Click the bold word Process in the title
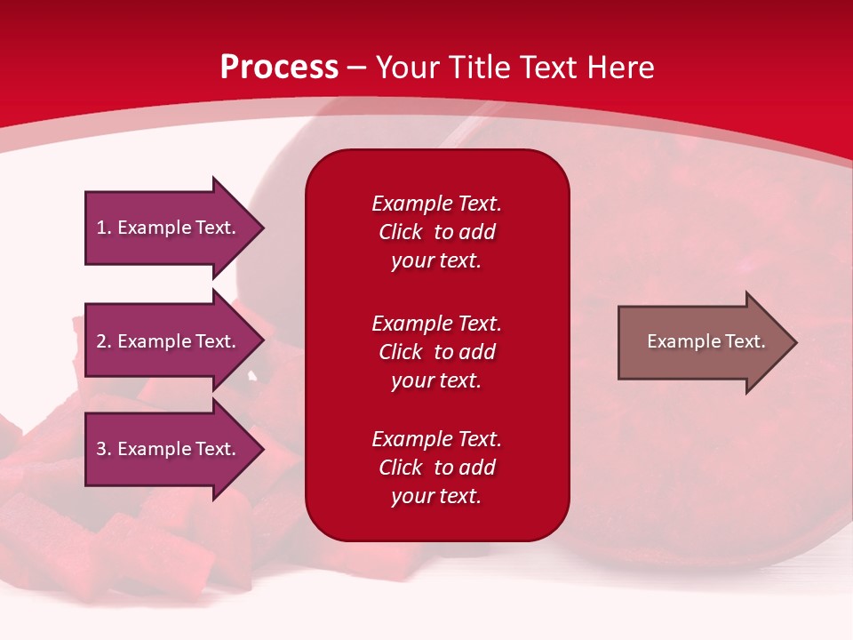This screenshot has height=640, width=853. pyautogui.click(x=279, y=68)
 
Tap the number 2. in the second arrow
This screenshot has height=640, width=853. pyautogui.click(x=104, y=341)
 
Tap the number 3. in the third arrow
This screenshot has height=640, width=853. pyautogui.click(x=104, y=449)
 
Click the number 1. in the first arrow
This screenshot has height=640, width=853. pyautogui.click(x=104, y=228)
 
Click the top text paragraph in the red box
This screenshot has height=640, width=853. pyautogui.click(x=436, y=232)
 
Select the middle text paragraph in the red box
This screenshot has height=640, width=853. pyautogui.click(x=436, y=352)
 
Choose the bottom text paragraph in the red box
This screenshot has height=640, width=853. pyautogui.click(x=436, y=468)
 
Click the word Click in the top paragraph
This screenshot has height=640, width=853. pyautogui.click(x=401, y=232)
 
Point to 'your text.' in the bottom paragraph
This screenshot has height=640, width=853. pyautogui.click(x=436, y=496)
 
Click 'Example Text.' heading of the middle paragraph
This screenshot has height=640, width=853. pyautogui.click(x=436, y=324)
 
